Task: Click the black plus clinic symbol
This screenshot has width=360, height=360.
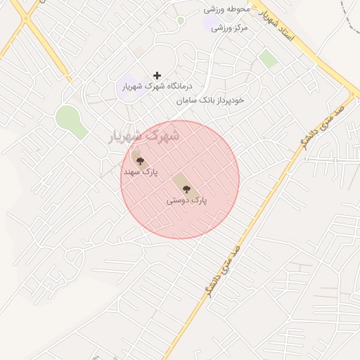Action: (x=157, y=75)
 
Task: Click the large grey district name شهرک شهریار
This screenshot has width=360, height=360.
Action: (x=143, y=134)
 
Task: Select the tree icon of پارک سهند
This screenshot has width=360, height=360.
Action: (x=140, y=160)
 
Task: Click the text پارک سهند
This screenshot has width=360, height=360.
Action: (x=141, y=172)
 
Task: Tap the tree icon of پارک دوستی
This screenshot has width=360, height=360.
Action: (x=186, y=188)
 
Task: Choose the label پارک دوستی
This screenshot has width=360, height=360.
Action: (x=187, y=200)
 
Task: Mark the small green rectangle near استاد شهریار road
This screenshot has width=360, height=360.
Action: (x=268, y=58)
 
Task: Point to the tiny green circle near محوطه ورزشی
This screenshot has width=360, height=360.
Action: (x=181, y=20)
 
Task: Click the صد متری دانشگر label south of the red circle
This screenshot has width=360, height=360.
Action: (x=224, y=271)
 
